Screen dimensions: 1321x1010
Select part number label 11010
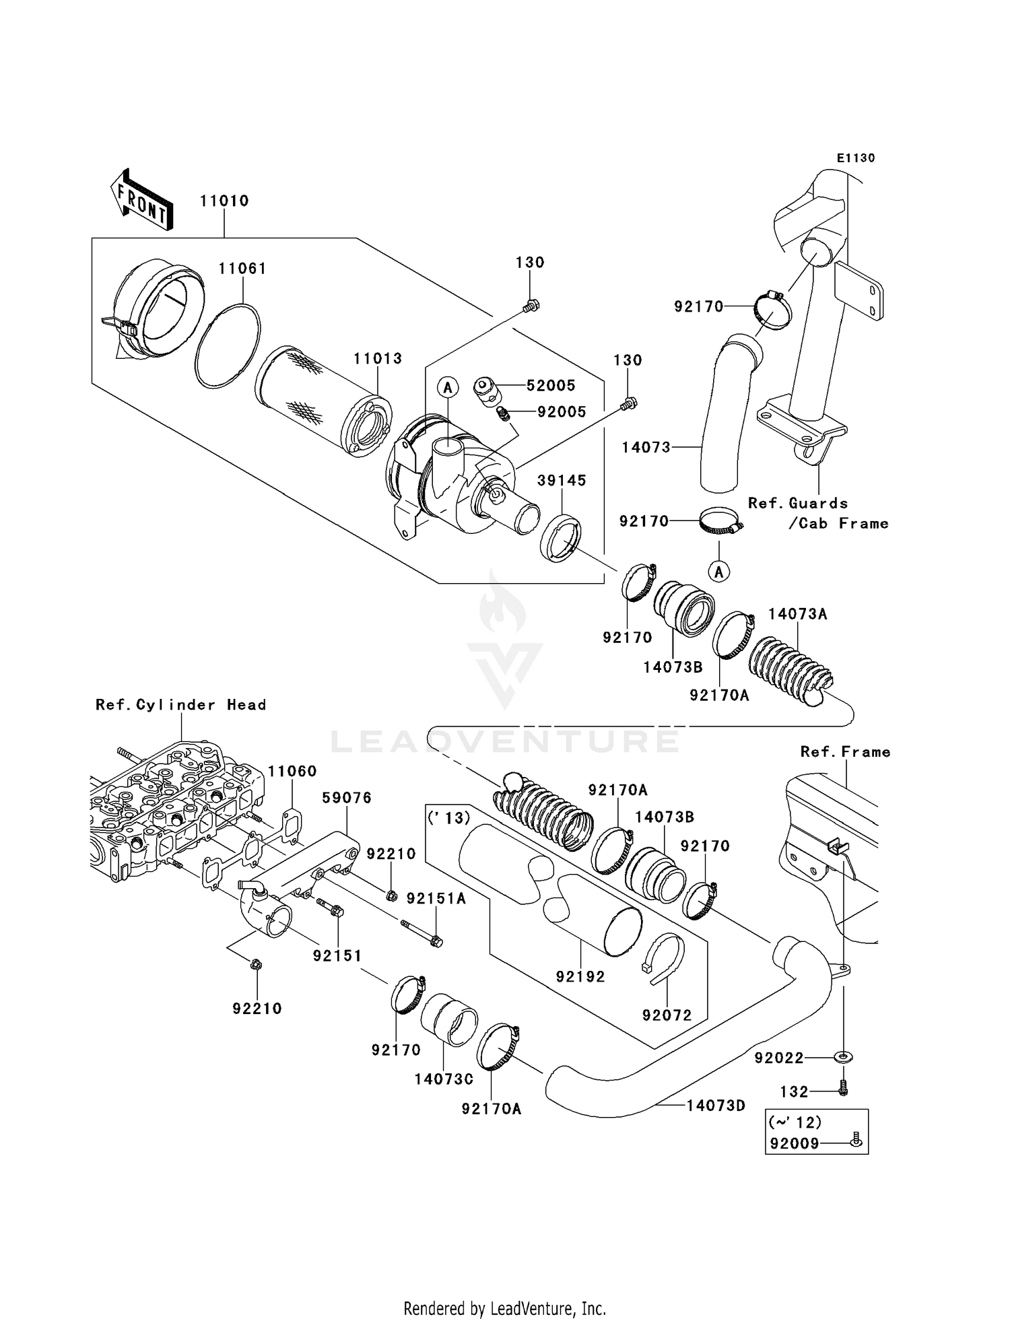click(x=224, y=201)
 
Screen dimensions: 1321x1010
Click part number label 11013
click(x=378, y=358)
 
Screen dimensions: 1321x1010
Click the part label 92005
click(x=562, y=411)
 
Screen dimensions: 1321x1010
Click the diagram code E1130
click(x=856, y=158)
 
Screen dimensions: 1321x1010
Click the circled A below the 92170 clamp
click(x=719, y=572)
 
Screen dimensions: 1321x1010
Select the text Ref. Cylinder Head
click(x=180, y=705)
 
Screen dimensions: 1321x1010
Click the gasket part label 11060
click(x=292, y=771)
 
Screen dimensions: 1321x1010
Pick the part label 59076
click(x=347, y=798)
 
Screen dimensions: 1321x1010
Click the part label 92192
click(x=580, y=976)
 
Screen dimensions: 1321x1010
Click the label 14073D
click(x=716, y=1105)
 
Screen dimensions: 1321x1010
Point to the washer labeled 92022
click(x=842, y=1058)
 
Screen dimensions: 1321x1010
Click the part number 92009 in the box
click(x=795, y=1143)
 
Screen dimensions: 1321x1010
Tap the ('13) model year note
click(x=448, y=818)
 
